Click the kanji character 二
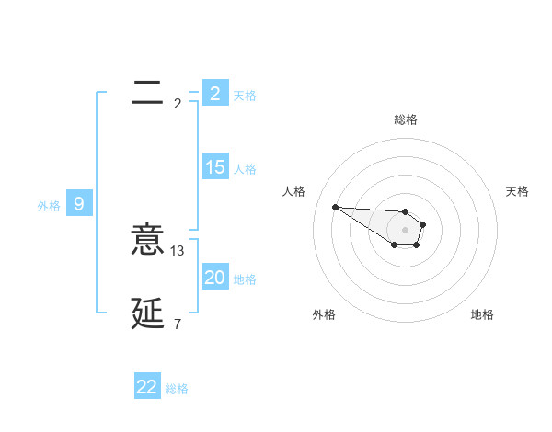(x=147, y=93)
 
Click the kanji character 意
(x=147, y=242)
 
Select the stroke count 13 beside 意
(x=178, y=250)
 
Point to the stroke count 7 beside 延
(x=177, y=324)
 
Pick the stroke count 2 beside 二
(x=177, y=103)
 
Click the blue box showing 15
(x=214, y=167)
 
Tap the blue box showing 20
(x=214, y=278)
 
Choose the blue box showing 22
(x=147, y=387)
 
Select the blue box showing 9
(x=79, y=204)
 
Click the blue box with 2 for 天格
(x=214, y=94)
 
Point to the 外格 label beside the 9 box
(x=49, y=206)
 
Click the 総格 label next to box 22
(x=177, y=389)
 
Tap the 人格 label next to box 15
(x=245, y=169)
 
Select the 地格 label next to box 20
(x=245, y=279)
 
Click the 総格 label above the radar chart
(x=406, y=119)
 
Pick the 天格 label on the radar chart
(x=517, y=191)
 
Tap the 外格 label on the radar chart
(x=324, y=314)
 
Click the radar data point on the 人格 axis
(x=335, y=207)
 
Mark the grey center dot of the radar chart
(x=406, y=229)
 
